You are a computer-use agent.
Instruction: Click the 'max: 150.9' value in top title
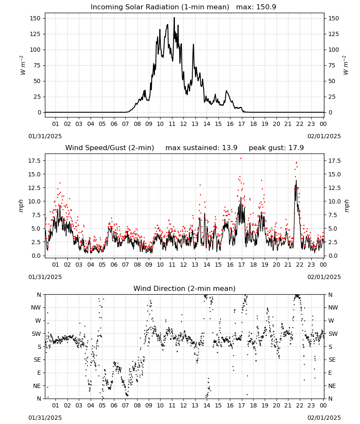(x=256, y=7)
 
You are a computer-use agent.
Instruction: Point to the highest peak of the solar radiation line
(x=174, y=17)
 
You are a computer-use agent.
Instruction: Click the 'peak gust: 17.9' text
(x=276, y=148)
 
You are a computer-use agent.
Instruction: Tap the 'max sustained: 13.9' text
(x=201, y=148)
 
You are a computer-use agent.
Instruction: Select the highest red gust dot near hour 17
(x=241, y=159)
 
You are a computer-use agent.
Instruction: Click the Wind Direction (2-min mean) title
(x=185, y=288)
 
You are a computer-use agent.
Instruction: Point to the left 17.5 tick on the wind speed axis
(x=34, y=161)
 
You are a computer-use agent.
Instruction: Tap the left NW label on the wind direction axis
(x=36, y=307)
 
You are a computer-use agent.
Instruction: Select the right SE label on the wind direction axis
(x=332, y=360)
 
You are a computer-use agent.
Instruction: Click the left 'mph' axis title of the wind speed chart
(x=21, y=206)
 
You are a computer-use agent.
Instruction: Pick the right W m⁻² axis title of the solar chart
(x=346, y=65)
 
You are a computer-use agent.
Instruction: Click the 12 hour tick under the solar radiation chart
(x=183, y=124)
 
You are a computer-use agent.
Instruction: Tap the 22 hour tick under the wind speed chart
(x=299, y=265)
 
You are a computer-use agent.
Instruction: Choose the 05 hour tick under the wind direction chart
(x=102, y=405)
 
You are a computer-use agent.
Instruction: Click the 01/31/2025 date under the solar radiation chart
(x=45, y=136)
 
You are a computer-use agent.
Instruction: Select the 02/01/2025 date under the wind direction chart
(x=324, y=418)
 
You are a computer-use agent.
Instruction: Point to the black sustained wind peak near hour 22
(x=296, y=180)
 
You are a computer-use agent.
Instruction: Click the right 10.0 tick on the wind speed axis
(x=334, y=201)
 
